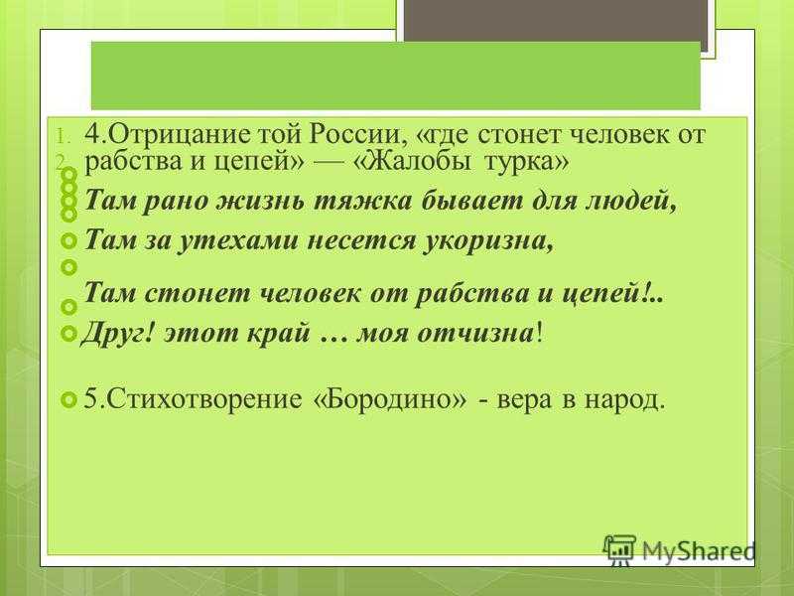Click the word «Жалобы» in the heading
[418, 162]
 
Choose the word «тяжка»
[363, 202]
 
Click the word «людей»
[630, 202]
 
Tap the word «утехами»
[237, 239]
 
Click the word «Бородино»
[390, 400]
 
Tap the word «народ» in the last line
[624, 400]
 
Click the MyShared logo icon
[619, 549]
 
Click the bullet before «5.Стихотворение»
[68, 400]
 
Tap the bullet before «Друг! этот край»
[68, 334]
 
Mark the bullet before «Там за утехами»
[68, 240]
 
